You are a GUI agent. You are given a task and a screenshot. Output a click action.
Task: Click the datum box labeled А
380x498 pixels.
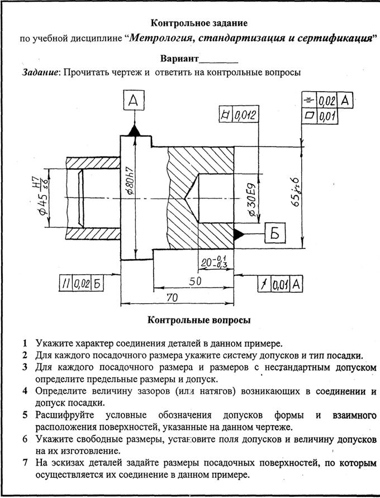[134, 100]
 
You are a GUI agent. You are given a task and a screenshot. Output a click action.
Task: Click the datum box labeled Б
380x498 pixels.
[275, 233]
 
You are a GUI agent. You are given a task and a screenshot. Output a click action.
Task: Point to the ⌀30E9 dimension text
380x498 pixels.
[253, 200]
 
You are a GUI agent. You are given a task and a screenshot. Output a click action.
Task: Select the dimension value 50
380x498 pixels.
[195, 281]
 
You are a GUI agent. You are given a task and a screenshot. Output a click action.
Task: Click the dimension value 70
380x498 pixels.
[172, 298]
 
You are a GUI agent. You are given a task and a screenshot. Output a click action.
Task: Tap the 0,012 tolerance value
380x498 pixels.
[245, 115]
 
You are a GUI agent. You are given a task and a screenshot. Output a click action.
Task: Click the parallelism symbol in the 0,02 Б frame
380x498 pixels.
[65, 283]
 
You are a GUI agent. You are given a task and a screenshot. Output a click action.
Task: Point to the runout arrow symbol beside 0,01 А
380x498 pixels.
[264, 284]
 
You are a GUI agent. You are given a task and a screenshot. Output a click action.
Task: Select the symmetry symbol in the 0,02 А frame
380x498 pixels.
[308, 101]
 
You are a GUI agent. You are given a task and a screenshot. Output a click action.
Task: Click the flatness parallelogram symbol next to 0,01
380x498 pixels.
[309, 116]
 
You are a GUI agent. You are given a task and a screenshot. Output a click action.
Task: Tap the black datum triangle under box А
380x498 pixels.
[134, 130]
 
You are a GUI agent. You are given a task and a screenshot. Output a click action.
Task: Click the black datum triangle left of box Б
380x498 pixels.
[239, 234]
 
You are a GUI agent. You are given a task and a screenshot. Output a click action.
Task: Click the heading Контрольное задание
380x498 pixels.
[199, 23]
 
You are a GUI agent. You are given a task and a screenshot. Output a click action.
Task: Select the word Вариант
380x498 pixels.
[179, 59]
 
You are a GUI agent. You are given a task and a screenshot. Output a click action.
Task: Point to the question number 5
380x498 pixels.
[25, 415]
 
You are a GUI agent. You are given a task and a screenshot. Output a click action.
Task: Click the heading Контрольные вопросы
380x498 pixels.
[199, 320]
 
